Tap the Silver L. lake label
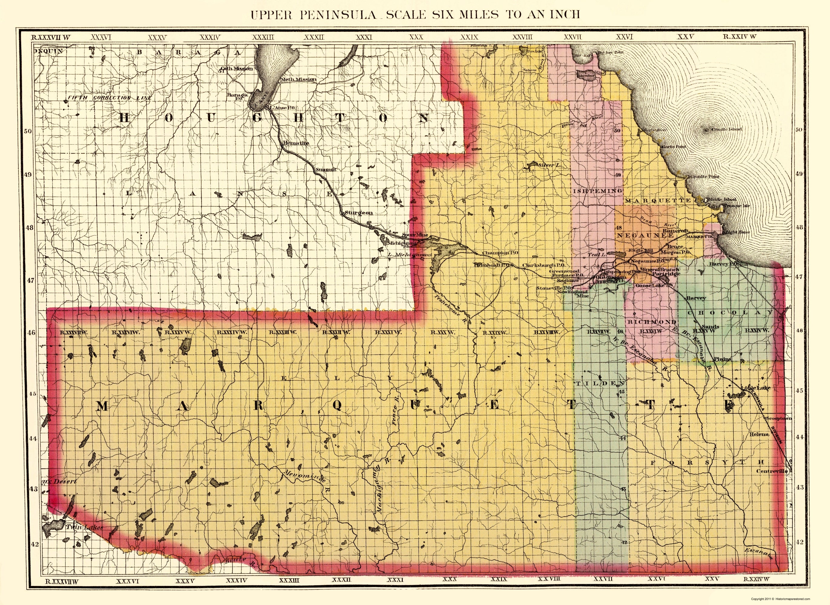(550, 165)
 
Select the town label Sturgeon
(359, 212)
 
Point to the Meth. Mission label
(298, 79)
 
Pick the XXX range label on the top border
(416, 37)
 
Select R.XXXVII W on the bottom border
(61, 580)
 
